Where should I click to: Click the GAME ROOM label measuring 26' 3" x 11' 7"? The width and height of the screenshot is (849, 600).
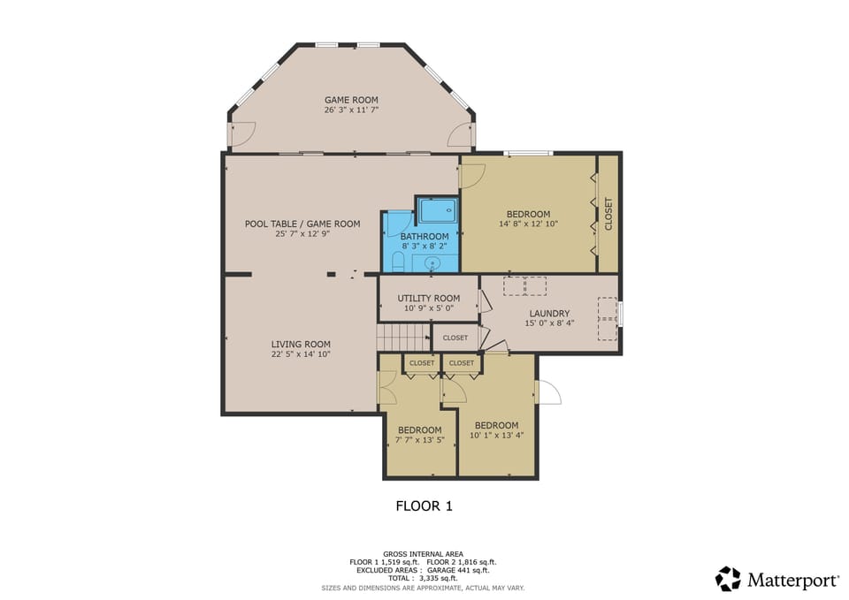[351, 100]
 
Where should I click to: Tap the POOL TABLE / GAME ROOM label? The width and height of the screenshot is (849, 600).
[302, 224]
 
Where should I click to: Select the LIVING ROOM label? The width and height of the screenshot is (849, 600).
[301, 345]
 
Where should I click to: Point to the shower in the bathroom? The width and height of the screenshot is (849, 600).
[437, 210]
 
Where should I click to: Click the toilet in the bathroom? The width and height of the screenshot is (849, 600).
[398, 262]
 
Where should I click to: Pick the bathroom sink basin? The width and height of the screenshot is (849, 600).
[433, 262]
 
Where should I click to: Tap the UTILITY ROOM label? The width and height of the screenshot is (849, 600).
[429, 298]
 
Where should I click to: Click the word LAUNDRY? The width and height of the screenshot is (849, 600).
[549, 314]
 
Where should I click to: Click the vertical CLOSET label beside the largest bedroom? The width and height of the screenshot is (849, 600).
[608, 214]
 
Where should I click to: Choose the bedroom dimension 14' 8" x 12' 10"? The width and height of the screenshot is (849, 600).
[528, 224]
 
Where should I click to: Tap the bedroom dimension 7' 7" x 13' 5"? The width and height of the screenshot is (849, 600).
[419, 440]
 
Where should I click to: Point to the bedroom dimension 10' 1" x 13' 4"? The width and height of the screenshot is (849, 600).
[495, 435]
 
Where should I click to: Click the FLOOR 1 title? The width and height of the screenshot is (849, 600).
[424, 506]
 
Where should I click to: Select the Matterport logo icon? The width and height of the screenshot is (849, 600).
[728, 579]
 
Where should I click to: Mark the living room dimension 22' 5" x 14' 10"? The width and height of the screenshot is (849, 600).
[301, 354]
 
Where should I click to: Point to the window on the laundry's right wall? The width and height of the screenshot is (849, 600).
[621, 314]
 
